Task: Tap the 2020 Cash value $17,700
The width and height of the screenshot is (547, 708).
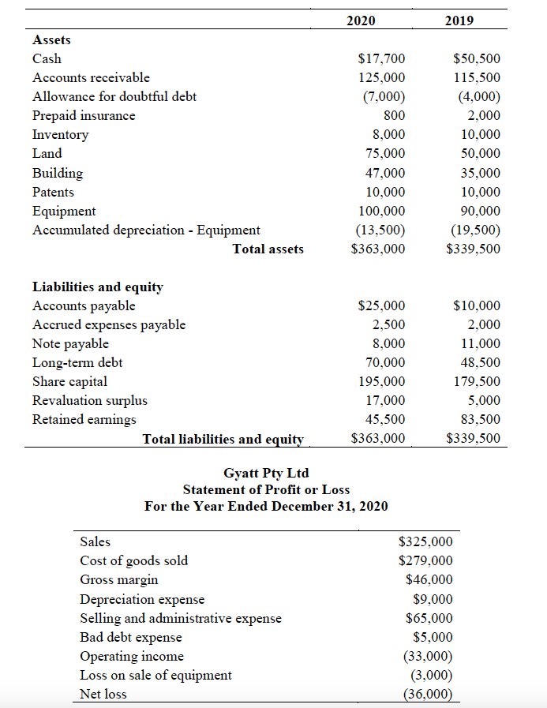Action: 381,59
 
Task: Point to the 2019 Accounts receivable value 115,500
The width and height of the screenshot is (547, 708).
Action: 477,78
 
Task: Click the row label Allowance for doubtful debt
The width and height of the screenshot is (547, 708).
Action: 114,96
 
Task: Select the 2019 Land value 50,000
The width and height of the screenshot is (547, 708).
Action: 480,154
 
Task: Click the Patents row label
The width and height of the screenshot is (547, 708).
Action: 53,192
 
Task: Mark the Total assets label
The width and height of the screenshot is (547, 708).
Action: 268,249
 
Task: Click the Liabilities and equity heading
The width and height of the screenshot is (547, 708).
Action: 97,287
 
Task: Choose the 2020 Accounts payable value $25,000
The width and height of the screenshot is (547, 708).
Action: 381,306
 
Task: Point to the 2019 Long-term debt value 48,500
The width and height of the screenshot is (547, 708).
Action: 480,363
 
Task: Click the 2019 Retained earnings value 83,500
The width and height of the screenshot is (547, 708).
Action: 480,420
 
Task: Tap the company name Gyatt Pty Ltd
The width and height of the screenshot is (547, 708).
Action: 266,474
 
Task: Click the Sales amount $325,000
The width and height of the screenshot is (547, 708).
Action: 425,542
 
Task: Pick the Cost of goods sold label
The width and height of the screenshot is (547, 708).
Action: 134,561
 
